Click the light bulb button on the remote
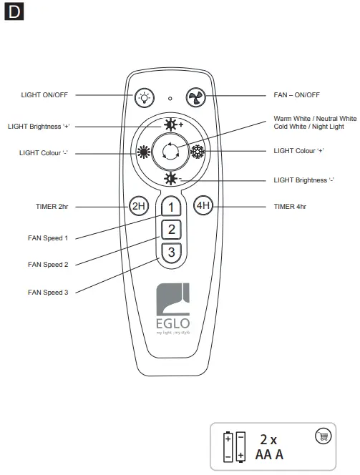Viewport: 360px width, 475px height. coord(145,97)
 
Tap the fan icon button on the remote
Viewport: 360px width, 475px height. coord(195,97)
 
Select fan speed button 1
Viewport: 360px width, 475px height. coord(170,207)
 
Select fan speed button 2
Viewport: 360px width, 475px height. coord(170,230)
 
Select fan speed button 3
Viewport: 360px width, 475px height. coord(170,252)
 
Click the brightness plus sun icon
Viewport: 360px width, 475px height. coord(170,124)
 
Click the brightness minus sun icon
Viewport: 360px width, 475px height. coord(170,179)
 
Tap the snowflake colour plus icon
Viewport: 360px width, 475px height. coord(198,152)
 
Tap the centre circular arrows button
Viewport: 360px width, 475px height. coord(170,152)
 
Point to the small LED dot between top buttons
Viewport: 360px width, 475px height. coord(170,97)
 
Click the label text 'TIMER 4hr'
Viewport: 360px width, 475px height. coord(290,206)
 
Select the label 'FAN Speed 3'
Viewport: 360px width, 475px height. coord(48,292)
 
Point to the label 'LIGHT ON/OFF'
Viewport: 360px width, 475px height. coord(44,94)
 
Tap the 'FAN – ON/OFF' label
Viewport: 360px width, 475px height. coord(297,94)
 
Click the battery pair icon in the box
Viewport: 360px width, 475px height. coord(235,446)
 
